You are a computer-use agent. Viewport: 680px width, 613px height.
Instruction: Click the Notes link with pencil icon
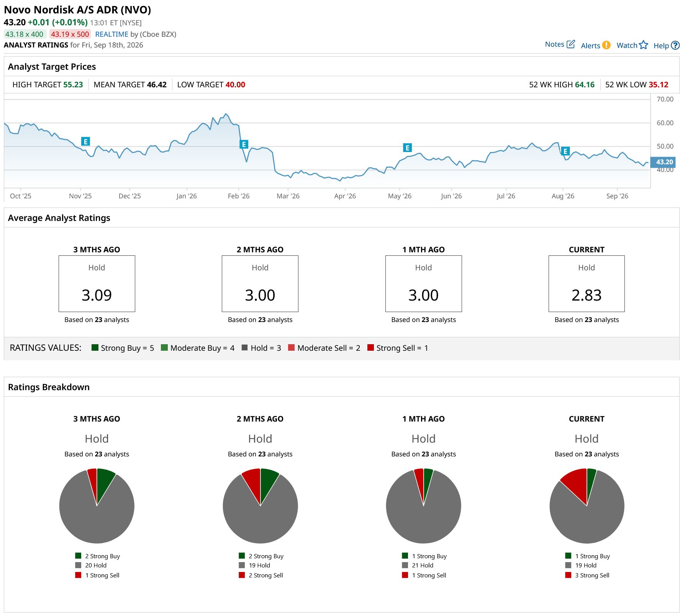coord(560,44)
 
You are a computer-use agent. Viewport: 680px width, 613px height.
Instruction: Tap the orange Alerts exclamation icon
coord(606,45)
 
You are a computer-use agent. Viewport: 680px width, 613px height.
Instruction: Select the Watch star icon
coord(643,45)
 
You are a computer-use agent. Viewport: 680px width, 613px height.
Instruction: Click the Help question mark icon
coord(675,46)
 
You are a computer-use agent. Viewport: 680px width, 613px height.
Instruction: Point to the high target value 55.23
coord(73,85)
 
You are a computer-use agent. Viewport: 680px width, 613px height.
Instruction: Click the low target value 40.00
coord(235,85)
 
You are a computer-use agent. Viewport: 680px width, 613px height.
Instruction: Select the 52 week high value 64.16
coord(585,85)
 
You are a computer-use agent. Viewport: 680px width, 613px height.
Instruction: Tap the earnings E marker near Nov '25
coord(85,141)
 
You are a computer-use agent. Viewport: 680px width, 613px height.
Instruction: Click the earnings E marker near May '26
coord(407,148)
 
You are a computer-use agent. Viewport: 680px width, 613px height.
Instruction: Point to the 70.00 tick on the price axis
coord(665,99)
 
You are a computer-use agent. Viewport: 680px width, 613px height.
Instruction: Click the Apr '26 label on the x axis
coord(345,196)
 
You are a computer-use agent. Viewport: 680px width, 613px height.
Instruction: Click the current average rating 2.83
coord(587,295)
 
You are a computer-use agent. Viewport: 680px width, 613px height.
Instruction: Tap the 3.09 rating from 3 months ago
coord(97,295)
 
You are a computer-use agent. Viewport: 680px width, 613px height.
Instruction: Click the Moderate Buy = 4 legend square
coord(164,348)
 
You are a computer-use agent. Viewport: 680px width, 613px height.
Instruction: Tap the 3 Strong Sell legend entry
coord(587,575)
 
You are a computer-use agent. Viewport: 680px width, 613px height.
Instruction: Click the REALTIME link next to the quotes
coord(111,34)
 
